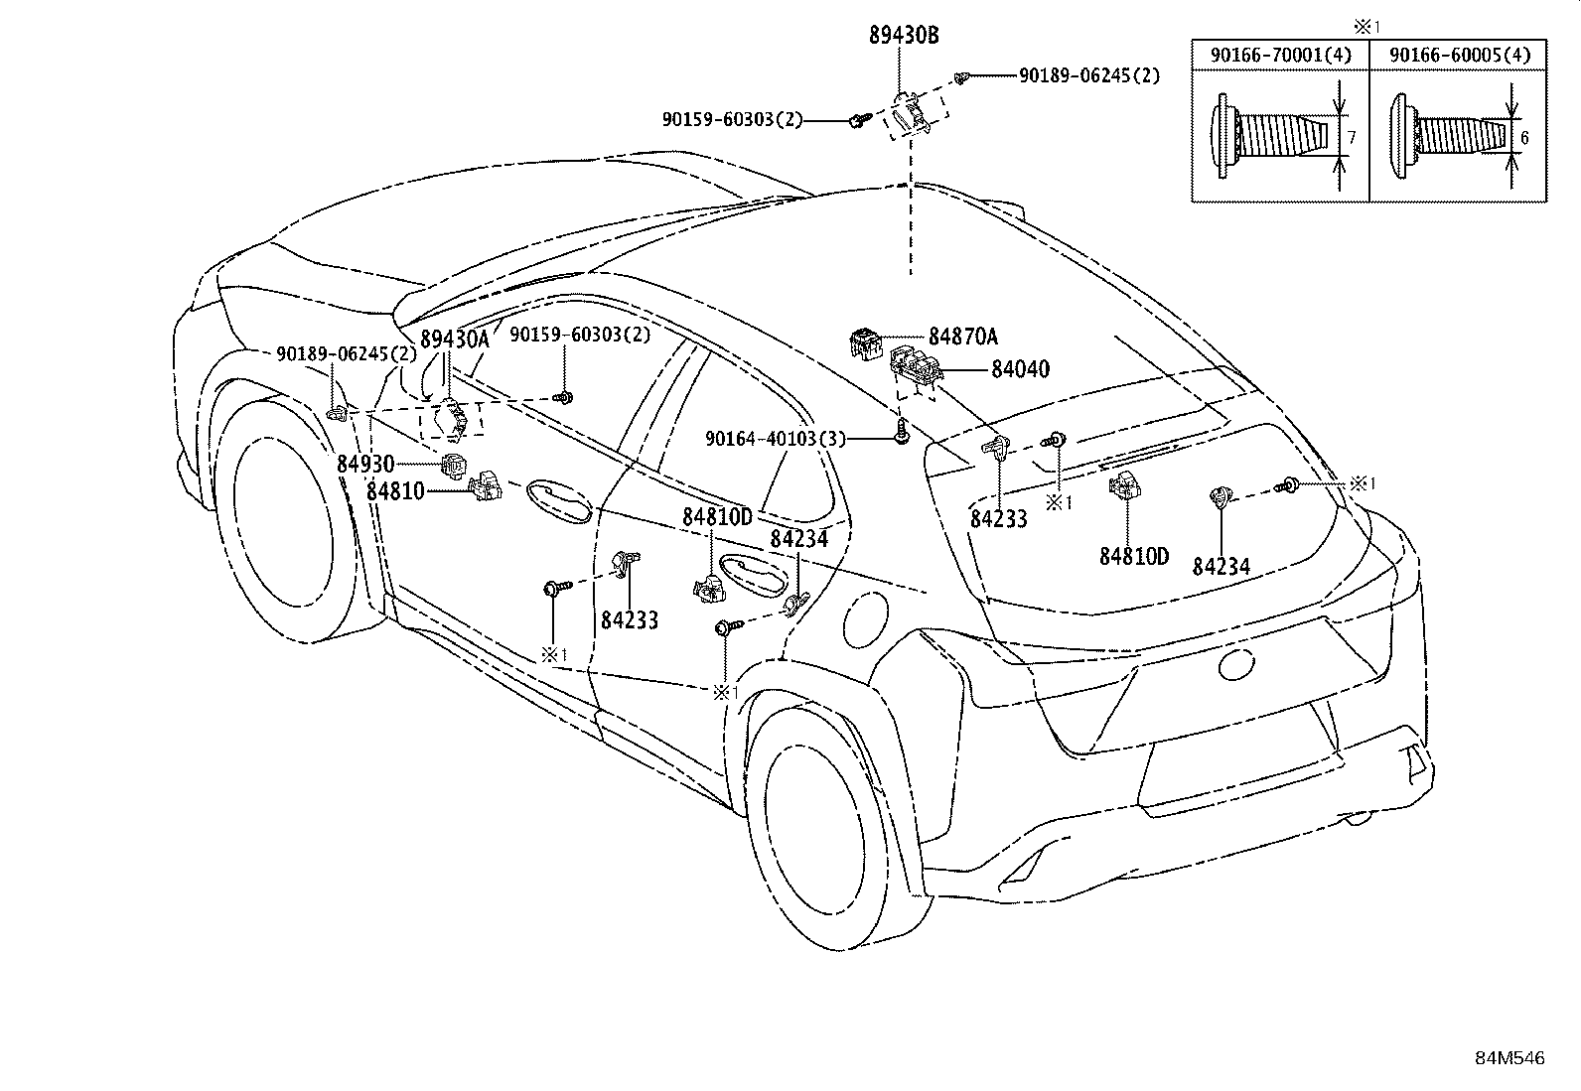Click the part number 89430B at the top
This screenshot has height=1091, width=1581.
[x=904, y=36]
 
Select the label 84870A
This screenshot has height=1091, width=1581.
[x=962, y=337]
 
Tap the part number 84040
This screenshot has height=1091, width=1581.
[x=1020, y=368]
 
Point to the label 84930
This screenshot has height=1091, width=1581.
[x=365, y=464]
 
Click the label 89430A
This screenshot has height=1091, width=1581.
[x=455, y=340]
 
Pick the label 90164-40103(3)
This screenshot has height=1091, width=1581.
[x=775, y=439]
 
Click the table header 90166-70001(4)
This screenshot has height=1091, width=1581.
[x=1280, y=55]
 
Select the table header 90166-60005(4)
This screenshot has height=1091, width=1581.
[x=1460, y=55]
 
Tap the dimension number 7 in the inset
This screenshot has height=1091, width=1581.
[x=1352, y=137]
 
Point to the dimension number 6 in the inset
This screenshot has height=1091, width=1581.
[x=1523, y=138]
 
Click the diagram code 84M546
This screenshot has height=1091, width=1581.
[x=1509, y=1058]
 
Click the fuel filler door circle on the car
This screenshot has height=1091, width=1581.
[x=866, y=616]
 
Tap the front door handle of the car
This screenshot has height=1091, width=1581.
[x=559, y=501]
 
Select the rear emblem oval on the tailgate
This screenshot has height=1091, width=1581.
[x=1236, y=663]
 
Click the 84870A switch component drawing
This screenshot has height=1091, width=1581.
[x=866, y=343]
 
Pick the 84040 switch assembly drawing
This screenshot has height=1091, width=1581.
[x=917, y=367]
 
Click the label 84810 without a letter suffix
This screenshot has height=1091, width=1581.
[x=395, y=491]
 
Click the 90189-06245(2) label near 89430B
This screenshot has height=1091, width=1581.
[x=1089, y=75]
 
